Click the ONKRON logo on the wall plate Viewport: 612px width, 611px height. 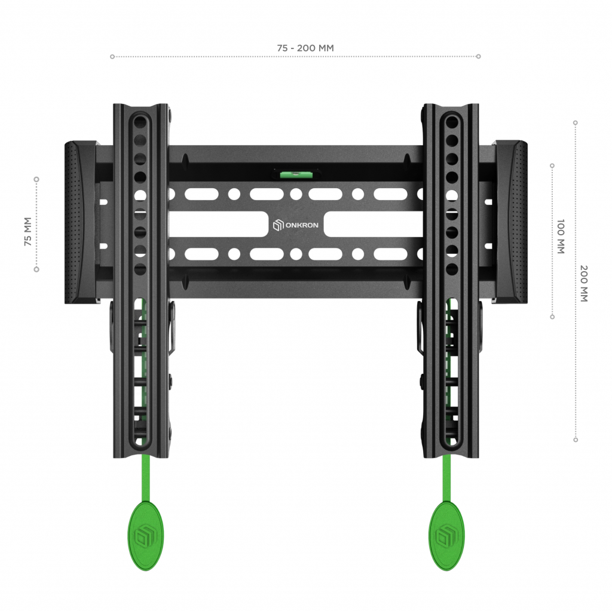click(x=296, y=225)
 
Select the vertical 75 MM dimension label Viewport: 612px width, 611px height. click(x=27, y=232)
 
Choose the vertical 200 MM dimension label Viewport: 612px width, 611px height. click(x=584, y=284)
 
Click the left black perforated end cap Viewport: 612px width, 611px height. click(x=80, y=222)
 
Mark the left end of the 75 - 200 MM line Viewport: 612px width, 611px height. click(x=112, y=57)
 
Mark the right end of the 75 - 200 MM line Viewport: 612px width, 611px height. click(x=478, y=57)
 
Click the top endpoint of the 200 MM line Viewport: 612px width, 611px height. click(x=576, y=122)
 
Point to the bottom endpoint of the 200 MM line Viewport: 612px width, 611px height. click(x=576, y=440)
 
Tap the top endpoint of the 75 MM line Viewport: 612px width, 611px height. click(x=36, y=179)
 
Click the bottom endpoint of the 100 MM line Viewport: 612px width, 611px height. click(x=552, y=317)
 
